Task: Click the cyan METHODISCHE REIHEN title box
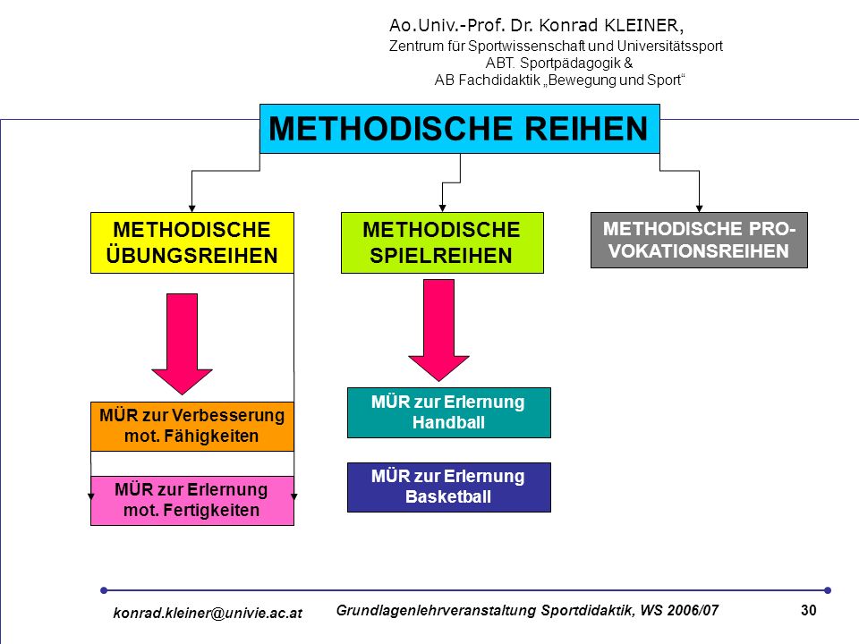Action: point(460,129)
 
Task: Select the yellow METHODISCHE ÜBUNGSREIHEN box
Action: point(192,242)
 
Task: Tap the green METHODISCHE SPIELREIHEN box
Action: point(442,242)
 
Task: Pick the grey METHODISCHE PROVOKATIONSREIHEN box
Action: point(699,240)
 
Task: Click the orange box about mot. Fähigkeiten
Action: point(192,426)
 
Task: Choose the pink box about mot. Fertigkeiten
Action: point(192,501)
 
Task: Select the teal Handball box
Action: point(448,412)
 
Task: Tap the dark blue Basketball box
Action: point(448,487)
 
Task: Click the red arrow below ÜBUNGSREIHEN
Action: point(182,343)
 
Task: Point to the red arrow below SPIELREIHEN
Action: point(438,330)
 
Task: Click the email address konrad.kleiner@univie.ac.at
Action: point(208,613)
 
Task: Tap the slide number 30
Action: point(809,610)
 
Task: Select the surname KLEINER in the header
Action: point(643,25)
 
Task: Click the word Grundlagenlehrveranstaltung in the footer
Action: point(436,611)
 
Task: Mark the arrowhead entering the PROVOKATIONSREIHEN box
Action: point(699,208)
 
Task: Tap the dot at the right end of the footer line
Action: point(828,590)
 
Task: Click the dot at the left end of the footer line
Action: point(104,590)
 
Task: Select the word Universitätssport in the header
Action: point(669,46)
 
